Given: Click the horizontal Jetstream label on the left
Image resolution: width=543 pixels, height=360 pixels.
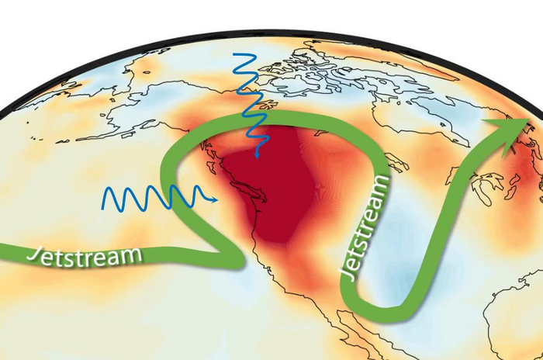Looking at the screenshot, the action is [x=85, y=254].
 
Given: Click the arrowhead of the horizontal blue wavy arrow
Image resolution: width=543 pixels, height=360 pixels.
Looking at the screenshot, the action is [x=215, y=199].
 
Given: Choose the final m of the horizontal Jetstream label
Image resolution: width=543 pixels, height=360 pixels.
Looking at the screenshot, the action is [x=134, y=253].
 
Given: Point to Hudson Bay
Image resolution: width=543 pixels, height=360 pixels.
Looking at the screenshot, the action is [x=411, y=116].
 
